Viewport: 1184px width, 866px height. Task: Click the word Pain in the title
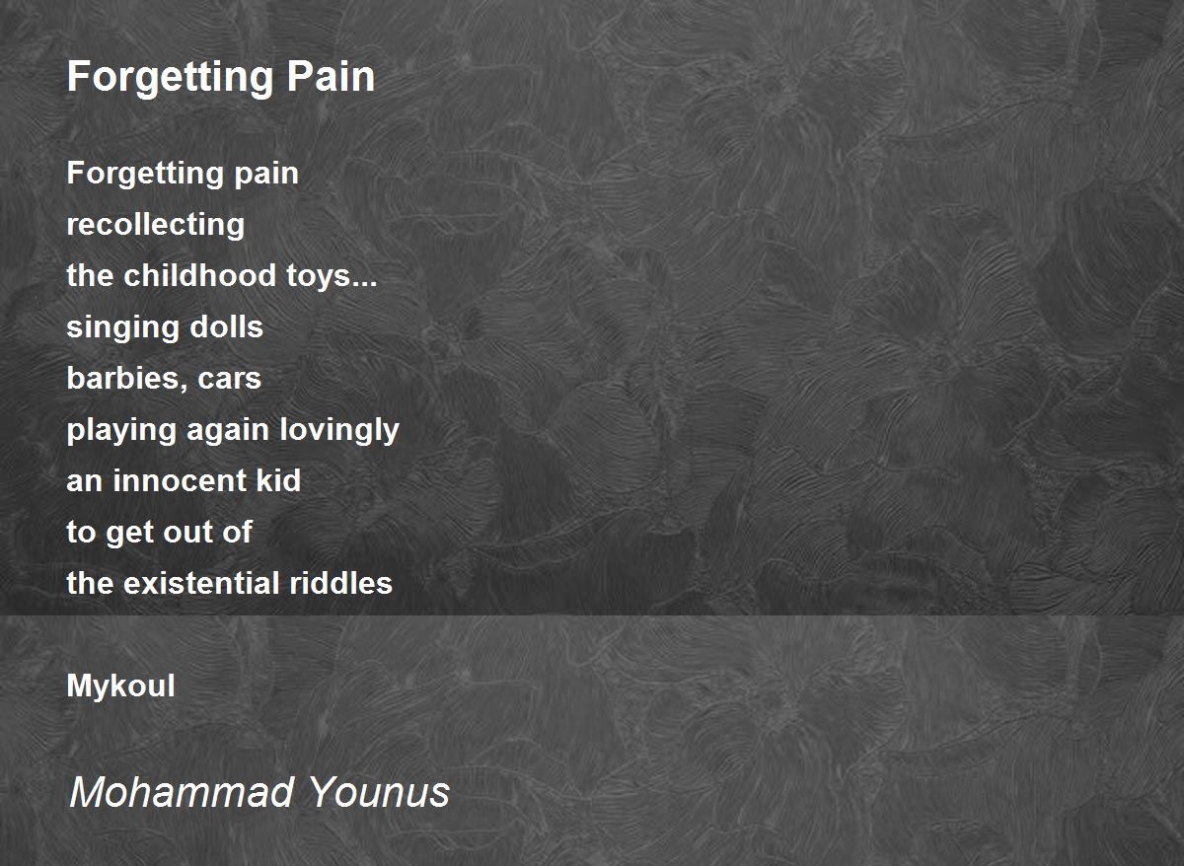(331, 77)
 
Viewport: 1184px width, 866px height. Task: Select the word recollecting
(156, 225)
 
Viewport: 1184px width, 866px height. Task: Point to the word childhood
(199, 275)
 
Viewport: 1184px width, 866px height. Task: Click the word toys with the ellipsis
(332, 277)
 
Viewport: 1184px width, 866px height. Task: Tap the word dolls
(226, 326)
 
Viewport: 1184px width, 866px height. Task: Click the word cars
(229, 380)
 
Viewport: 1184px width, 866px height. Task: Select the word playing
(121, 431)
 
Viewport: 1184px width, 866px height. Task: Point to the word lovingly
(339, 431)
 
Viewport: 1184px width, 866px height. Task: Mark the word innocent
(180, 480)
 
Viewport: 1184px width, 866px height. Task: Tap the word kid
(278, 480)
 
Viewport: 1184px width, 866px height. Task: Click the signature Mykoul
(120, 686)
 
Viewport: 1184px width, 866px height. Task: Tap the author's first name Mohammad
(182, 793)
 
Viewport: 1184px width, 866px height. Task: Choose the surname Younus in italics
(379, 793)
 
